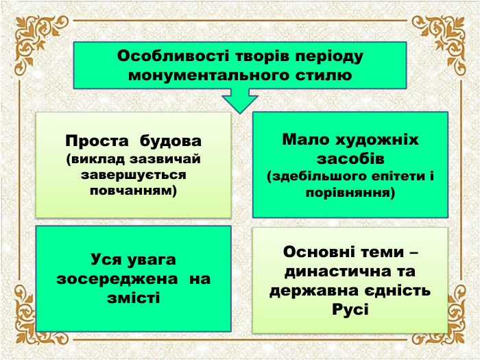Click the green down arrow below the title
pos(239,101)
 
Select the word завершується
pos(134,175)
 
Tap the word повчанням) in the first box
pos(134,190)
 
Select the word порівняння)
pos(350,193)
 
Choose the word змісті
pos(134,298)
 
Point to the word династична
pos(333,271)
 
